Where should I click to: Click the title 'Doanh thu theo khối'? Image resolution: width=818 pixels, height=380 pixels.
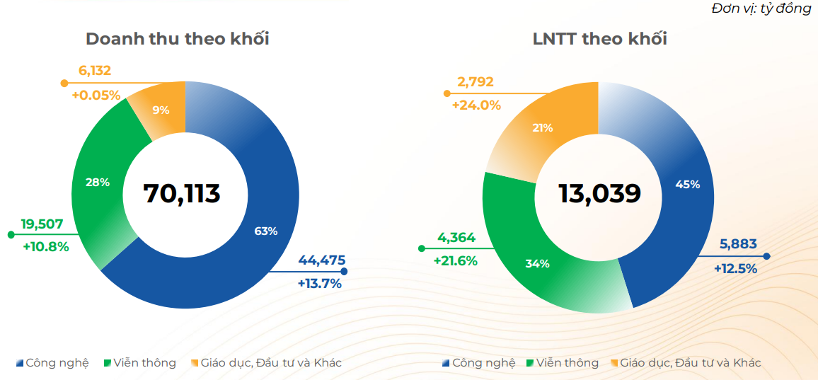tap(178, 39)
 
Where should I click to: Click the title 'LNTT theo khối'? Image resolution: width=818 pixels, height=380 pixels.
tap(600, 39)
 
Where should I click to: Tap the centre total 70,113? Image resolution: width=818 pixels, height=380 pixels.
tap(182, 193)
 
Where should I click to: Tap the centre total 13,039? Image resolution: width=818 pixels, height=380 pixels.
tap(599, 193)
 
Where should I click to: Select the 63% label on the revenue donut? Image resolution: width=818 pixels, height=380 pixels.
tap(266, 231)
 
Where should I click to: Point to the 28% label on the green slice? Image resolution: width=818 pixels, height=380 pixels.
tap(98, 183)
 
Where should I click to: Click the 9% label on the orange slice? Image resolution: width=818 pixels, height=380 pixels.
tap(161, 110)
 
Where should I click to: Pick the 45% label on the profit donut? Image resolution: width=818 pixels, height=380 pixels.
tap(688, 184)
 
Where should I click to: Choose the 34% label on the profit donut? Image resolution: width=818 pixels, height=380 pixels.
tap(537, 264)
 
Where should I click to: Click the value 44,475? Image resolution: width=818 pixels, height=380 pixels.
tap(322, 260)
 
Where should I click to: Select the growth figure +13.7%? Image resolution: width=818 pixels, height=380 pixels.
tap(320, 284)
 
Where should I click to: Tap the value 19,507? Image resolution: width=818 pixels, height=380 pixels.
tap(42, 224)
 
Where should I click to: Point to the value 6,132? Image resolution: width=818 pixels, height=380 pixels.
tap(96, 70)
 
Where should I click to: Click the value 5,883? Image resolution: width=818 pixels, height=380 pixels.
tap(738, 244)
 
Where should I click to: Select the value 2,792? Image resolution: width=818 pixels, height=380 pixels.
tap(476, 82)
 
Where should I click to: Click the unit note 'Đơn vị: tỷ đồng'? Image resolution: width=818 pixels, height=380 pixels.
tap(761, 8)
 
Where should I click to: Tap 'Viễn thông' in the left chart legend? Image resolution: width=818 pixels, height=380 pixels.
tap(144, 363)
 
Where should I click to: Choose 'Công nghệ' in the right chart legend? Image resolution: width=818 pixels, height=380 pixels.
tap(484, 363)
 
